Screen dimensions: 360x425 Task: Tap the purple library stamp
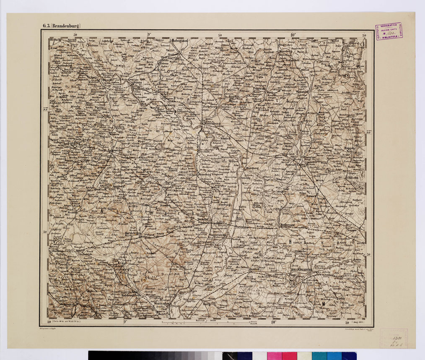coord(388,31)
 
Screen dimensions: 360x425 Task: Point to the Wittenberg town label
coord(211,124)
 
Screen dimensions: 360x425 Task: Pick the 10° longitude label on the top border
coord(293,35)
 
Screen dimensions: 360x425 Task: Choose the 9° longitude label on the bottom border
coord(125,322)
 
